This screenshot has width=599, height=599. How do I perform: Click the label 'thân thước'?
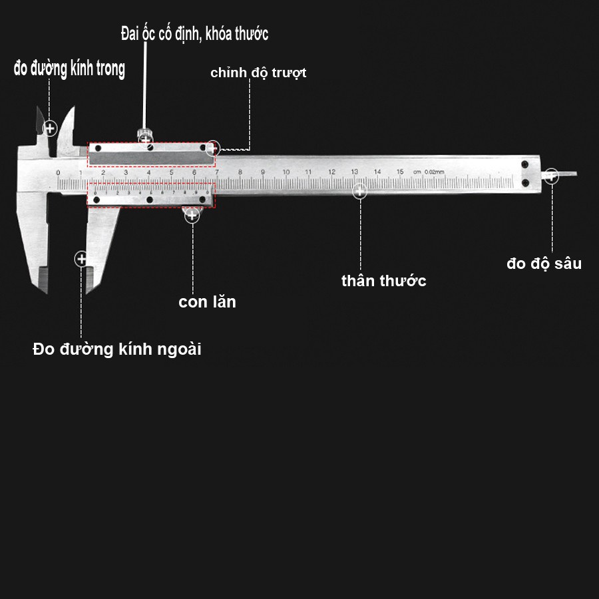click(383, 281)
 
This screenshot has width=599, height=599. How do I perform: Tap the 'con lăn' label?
click(207, 302)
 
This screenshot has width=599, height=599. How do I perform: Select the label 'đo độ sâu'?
click(544, 264)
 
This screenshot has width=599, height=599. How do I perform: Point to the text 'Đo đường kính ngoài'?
click(117, 349)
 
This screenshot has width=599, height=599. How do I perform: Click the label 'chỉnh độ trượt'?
click(258, 73)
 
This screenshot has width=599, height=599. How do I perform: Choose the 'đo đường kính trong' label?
click(69, 69)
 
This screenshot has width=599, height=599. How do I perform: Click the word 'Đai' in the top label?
click(130, 34)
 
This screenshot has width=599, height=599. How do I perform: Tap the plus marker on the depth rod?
click(551, 176)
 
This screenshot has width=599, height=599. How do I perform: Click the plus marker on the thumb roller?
click(192, 214)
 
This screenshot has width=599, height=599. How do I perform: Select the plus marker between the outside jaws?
click(81, 258)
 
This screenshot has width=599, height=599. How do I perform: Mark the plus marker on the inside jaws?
click(49, 127)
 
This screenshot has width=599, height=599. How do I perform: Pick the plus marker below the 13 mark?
click(359, 191)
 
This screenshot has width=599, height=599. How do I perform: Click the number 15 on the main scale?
click(400, 172)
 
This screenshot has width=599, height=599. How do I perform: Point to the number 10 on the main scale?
click(286, 172)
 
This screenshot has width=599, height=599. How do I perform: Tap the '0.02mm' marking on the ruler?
click(434, 172)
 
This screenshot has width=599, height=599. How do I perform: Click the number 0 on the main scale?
click(58, 173)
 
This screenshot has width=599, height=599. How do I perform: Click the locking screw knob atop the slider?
click(144, 134)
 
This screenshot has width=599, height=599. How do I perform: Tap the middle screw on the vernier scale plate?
click(150, 200)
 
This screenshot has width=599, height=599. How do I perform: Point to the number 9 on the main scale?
click(263, 172)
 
